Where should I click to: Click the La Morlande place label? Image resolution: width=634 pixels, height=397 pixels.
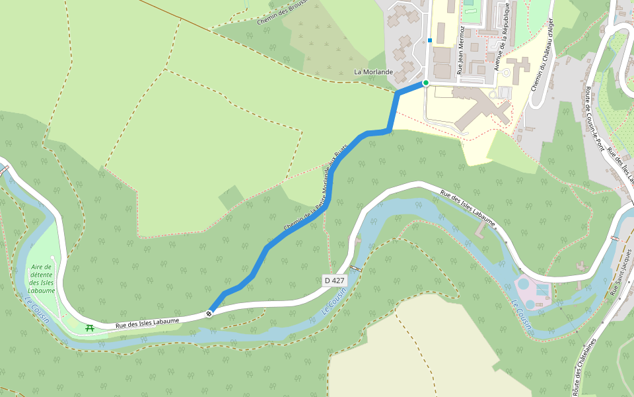pyautogui.click(x=374, y=71)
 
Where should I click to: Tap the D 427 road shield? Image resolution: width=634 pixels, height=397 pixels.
pyautogui.click(x=334, y=281)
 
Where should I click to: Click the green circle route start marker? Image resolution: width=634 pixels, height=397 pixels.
pyautogui.click(x=426, y=83)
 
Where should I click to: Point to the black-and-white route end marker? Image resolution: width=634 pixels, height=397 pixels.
pyautogui.click(x=209, y=313)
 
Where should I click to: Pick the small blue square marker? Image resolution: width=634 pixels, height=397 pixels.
pyautogui.click(x=430, y=40)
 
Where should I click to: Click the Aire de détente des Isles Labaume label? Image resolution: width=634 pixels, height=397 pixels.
pyautogui.click(x=42, y=279)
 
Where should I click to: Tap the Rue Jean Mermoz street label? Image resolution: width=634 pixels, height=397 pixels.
pyautogui.click(x=460, y=50)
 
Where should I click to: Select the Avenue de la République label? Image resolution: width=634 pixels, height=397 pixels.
pyautogui.click(x=501, y=36)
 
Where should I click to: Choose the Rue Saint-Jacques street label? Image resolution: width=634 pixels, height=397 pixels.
pyautogui.click(x=621, y=272)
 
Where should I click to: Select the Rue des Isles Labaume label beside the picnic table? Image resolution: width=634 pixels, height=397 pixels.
pyautogui.click(x=147, y=323)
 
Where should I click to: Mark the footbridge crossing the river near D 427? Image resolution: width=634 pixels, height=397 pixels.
pyautogui.click(x=356, y=268)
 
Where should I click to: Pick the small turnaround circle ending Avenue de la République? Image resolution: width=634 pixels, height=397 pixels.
pyautogui.click(x=506, y=72)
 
